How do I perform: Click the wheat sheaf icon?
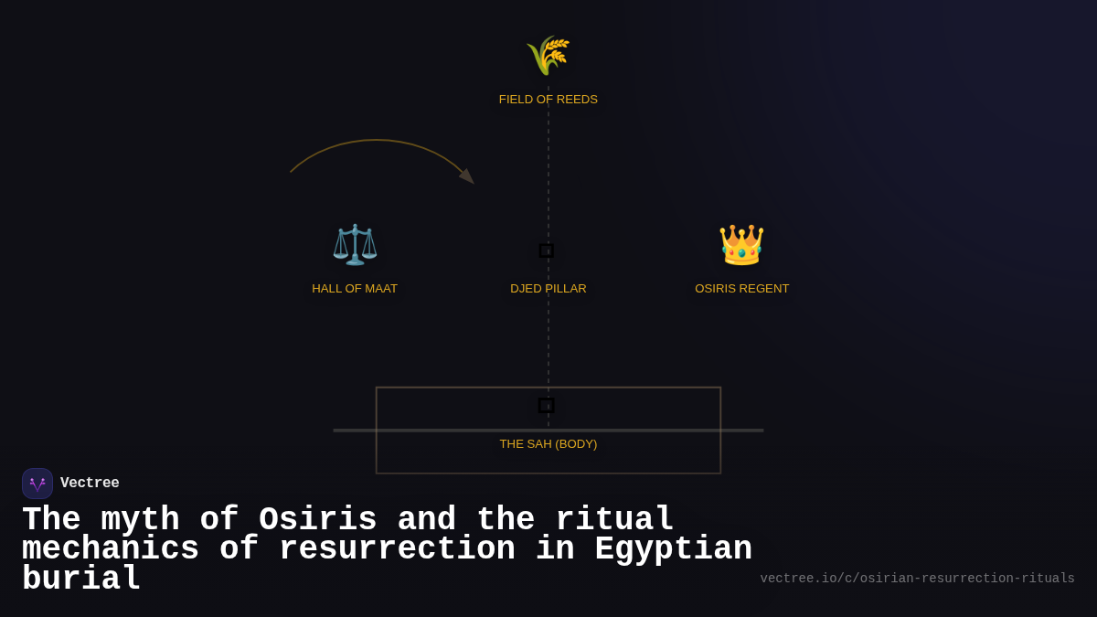[548, 56]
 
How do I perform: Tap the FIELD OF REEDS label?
[548, 100]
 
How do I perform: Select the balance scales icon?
[355, 244]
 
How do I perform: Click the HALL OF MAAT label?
[355, 289]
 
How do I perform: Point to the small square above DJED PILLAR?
[547, 250]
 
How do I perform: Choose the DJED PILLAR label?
[548, 289]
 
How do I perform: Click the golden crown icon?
[741, 244]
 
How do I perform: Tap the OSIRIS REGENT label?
[741, 289]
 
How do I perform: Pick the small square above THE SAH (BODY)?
[547, 405]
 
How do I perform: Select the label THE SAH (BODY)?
[548, 444]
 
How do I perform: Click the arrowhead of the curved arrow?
[467, 176]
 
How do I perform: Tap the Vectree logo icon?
[37, 484]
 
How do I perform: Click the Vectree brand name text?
[90, 484]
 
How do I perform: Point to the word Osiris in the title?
[317, 520]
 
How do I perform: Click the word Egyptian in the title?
[673, 549]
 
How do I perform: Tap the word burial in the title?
[81, 580]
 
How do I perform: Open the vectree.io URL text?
[917, 579]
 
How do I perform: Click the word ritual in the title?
[614, 520]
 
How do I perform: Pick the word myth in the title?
[140, 520]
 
